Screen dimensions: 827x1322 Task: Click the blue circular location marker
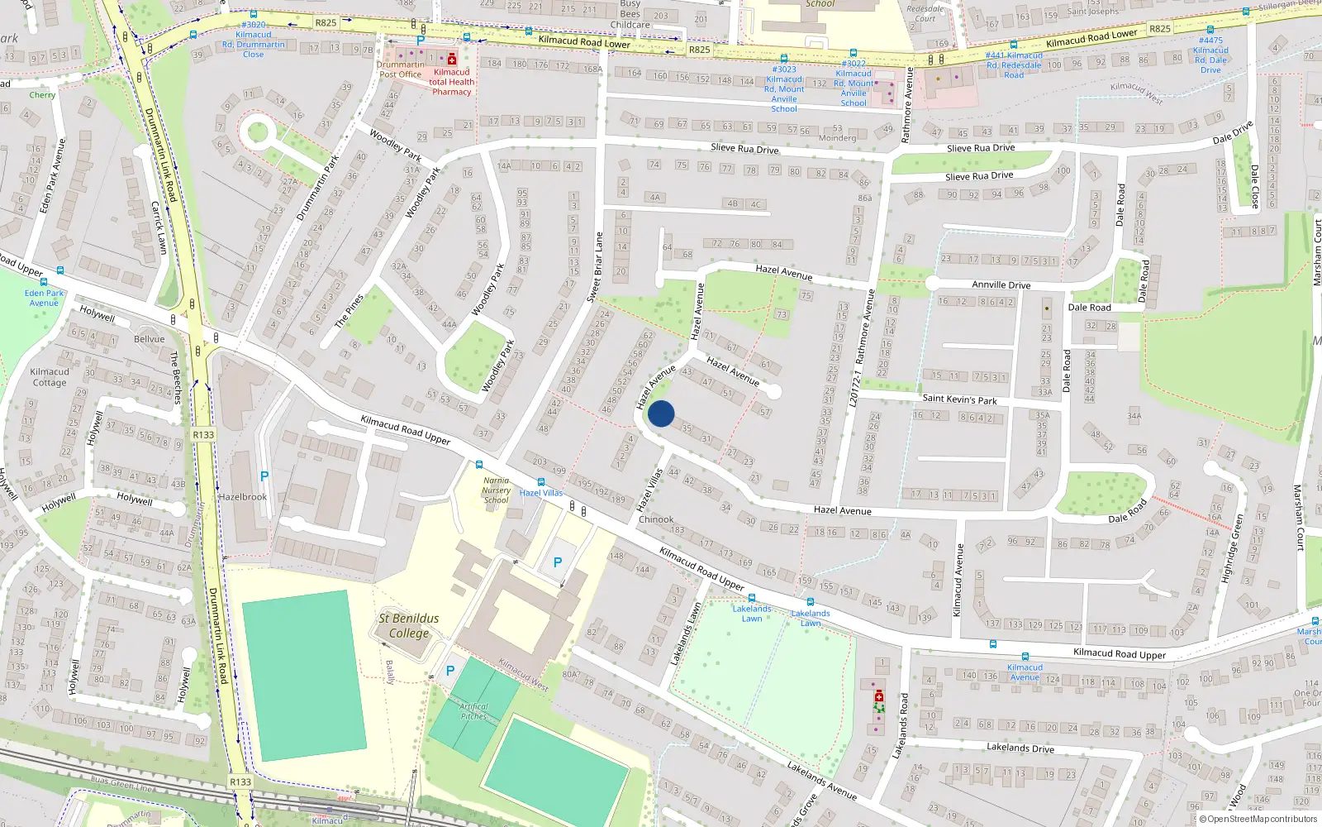(x=661, y=413)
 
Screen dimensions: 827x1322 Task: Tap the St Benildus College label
(x=409, y=626)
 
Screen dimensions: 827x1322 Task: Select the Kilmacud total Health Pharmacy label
(x=451, y=82)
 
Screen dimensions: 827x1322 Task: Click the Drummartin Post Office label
(x=401, y=69)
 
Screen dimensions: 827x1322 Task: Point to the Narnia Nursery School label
(x=496, y=490)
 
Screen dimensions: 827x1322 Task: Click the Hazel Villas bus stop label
(x=541, y=493)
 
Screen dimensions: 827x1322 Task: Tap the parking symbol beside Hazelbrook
(x=264, y=476)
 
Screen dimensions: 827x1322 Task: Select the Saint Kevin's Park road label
(x=959, y=399)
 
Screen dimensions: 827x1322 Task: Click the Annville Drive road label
(x=1001, y=284)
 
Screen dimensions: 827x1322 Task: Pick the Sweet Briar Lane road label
(x=595, y=266)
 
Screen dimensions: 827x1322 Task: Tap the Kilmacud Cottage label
(x=50, y=377)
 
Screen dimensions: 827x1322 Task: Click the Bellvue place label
(x=150, y=339)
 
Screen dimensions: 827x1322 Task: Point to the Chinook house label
(x=656, y=519)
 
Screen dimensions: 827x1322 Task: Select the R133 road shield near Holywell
(x=203, y=434)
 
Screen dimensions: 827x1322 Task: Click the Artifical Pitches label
(x=474, y=711)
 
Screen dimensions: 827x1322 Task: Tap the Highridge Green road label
(x=1233, y=547)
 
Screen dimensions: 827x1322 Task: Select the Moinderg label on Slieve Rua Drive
(x=838, y=138)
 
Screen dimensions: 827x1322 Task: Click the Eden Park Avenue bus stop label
(x=44, y=298)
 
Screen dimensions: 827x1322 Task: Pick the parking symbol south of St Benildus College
(x=450, y=671)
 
